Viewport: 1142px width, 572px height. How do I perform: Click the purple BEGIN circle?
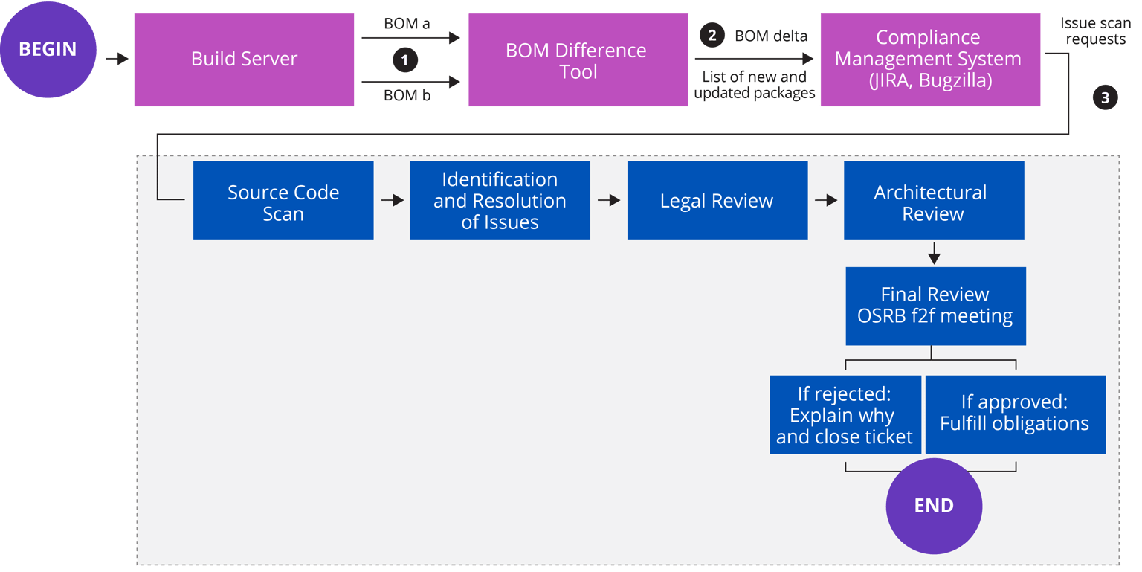click(x=48, y=50)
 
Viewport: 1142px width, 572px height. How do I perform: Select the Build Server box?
click(x=244, y=60)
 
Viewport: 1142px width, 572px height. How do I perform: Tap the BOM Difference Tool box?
click(x=578, y=60)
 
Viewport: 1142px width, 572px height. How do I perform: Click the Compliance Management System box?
click(x=929, y=60)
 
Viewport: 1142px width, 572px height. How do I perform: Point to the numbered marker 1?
click(x=404, y=60)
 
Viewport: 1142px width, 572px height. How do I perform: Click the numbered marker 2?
click(x=712, y=35)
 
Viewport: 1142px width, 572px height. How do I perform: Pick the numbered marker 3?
click(x=1105, y=97)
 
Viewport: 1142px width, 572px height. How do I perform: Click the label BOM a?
click(x=407, y=24)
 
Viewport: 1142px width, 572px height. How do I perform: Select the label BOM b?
click(x=407, y=95)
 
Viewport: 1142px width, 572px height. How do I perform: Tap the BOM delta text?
click(x=770, y=36)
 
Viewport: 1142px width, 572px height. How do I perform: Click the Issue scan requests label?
click(x=1095, y=31)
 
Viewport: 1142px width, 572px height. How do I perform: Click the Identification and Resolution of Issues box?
click(x=500, y=201)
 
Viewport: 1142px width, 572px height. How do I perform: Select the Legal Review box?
click(x=717, y=201)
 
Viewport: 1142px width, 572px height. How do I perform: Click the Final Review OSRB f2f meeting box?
click(x=935, y=306)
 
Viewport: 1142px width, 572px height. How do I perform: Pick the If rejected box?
click(x=845, y=414)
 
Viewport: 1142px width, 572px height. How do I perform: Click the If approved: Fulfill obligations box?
click(x=1015, y=414)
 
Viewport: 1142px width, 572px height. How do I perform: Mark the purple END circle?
click(x=934, y=506)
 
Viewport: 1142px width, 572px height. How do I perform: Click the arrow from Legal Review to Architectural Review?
click(x=825, y=201)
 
